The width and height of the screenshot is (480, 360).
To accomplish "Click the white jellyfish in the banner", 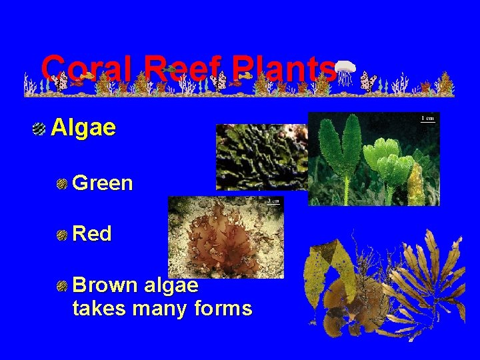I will tap(345, 71).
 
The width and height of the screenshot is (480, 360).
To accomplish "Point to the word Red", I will tap(91, 233).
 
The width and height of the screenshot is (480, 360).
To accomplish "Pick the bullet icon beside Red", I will tap(62, 234).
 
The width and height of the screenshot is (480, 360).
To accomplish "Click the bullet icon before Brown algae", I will tap(62, 286).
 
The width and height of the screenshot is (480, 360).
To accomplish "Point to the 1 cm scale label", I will tap(427, 119).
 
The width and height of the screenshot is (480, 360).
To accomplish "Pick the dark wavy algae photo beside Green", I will tap(260, 157).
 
